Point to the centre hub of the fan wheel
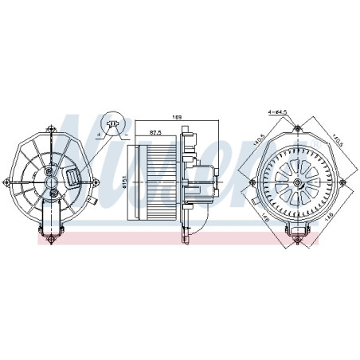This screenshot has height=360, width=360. point(295,182)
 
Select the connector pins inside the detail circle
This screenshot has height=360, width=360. point(115,123)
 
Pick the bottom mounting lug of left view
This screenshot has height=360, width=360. point(48,231)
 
